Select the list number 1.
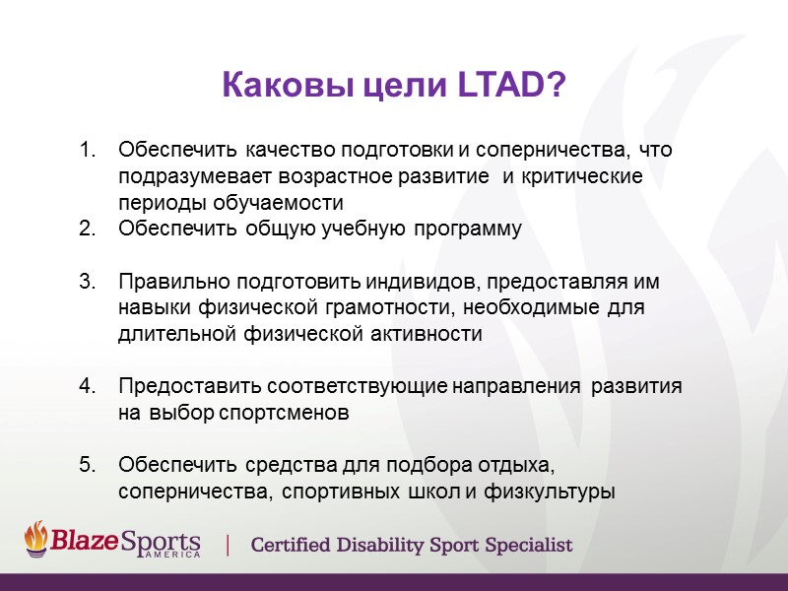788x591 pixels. click(87, 151)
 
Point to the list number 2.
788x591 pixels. click(87, 230)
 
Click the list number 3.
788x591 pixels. click(87, 282)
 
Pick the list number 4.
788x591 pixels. click(87, 387)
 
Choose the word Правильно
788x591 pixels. click(164, 282)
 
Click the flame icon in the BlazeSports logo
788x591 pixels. click(36, 538)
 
